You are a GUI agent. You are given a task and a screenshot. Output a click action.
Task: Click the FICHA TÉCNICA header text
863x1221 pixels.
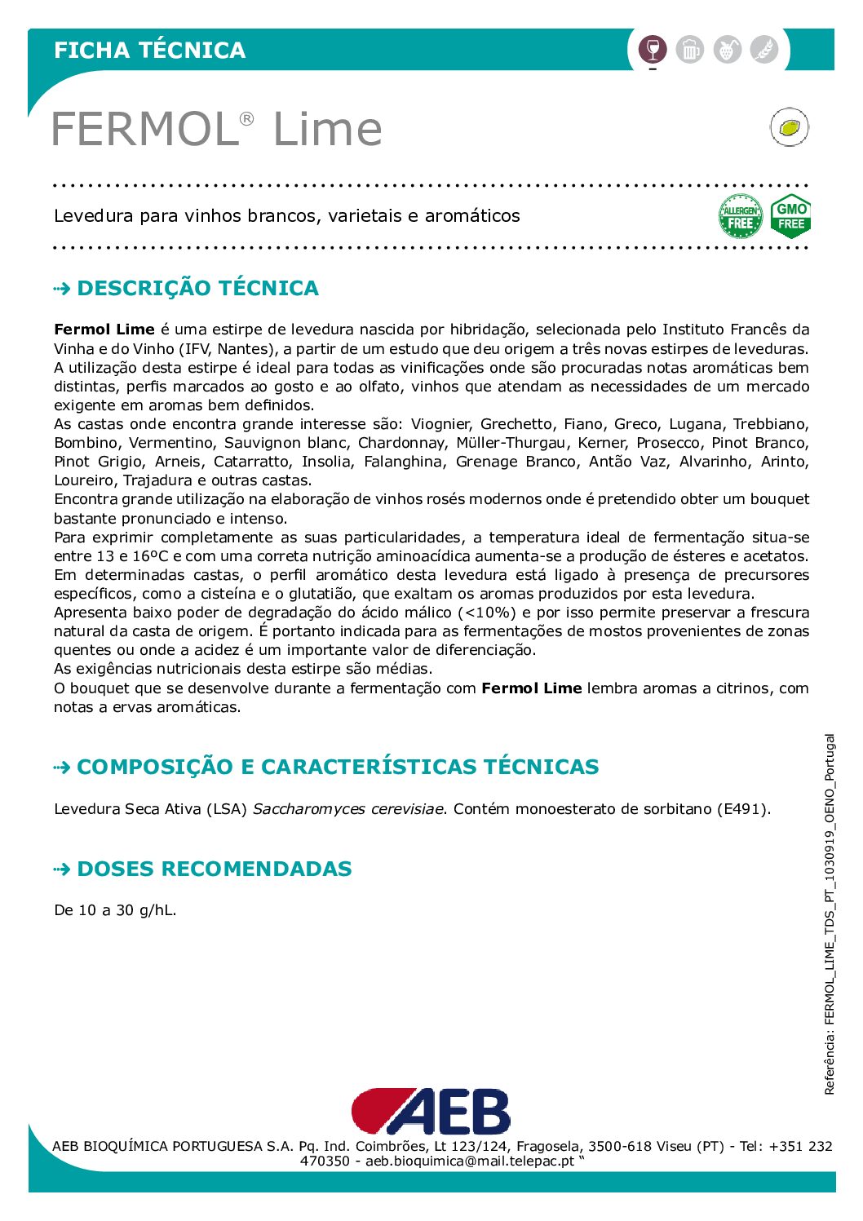coord(149,50)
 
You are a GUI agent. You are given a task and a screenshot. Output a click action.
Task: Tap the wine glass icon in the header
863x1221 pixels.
coord(652,50)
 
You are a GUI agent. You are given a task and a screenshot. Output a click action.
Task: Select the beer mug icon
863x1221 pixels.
coord(689,50)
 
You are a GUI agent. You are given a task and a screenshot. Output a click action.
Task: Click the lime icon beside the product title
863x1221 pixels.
coord(789,127)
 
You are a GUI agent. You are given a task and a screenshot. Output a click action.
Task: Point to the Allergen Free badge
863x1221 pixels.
coord(740,216)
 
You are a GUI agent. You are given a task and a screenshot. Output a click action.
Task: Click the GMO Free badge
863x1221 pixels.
coord(790,216)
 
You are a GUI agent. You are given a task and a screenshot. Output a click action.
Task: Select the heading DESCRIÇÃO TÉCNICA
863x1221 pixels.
coord(197,288)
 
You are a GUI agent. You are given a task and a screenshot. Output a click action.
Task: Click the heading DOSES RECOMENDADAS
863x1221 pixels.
coord(214,869)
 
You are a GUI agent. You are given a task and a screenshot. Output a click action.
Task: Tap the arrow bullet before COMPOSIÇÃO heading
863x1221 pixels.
coord(62,768)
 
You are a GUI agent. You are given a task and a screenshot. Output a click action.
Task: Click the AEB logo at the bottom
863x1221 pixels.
coord(431,1111)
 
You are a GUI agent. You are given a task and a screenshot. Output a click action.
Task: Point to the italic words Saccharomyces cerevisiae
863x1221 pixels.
coord(349,809)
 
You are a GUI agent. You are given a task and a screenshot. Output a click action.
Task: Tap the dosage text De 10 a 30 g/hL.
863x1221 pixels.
coord(115,910)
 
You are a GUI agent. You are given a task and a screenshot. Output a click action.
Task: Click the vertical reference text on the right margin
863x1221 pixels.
coord(830,914)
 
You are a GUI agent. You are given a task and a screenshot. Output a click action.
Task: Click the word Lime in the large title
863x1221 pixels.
coord(327,129)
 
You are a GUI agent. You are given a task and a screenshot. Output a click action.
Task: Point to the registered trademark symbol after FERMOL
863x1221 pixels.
coord(246,119)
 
